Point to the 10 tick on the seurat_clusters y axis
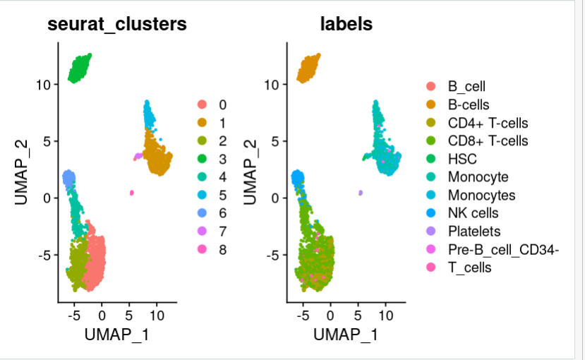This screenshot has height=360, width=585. click(44, 85)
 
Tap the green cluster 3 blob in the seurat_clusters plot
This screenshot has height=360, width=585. click(80, 67)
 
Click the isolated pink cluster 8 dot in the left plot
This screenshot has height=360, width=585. click(131, 192)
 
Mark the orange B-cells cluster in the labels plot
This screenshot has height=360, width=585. click(309, 67)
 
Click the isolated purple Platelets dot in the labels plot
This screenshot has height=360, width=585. click(360, 192)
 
